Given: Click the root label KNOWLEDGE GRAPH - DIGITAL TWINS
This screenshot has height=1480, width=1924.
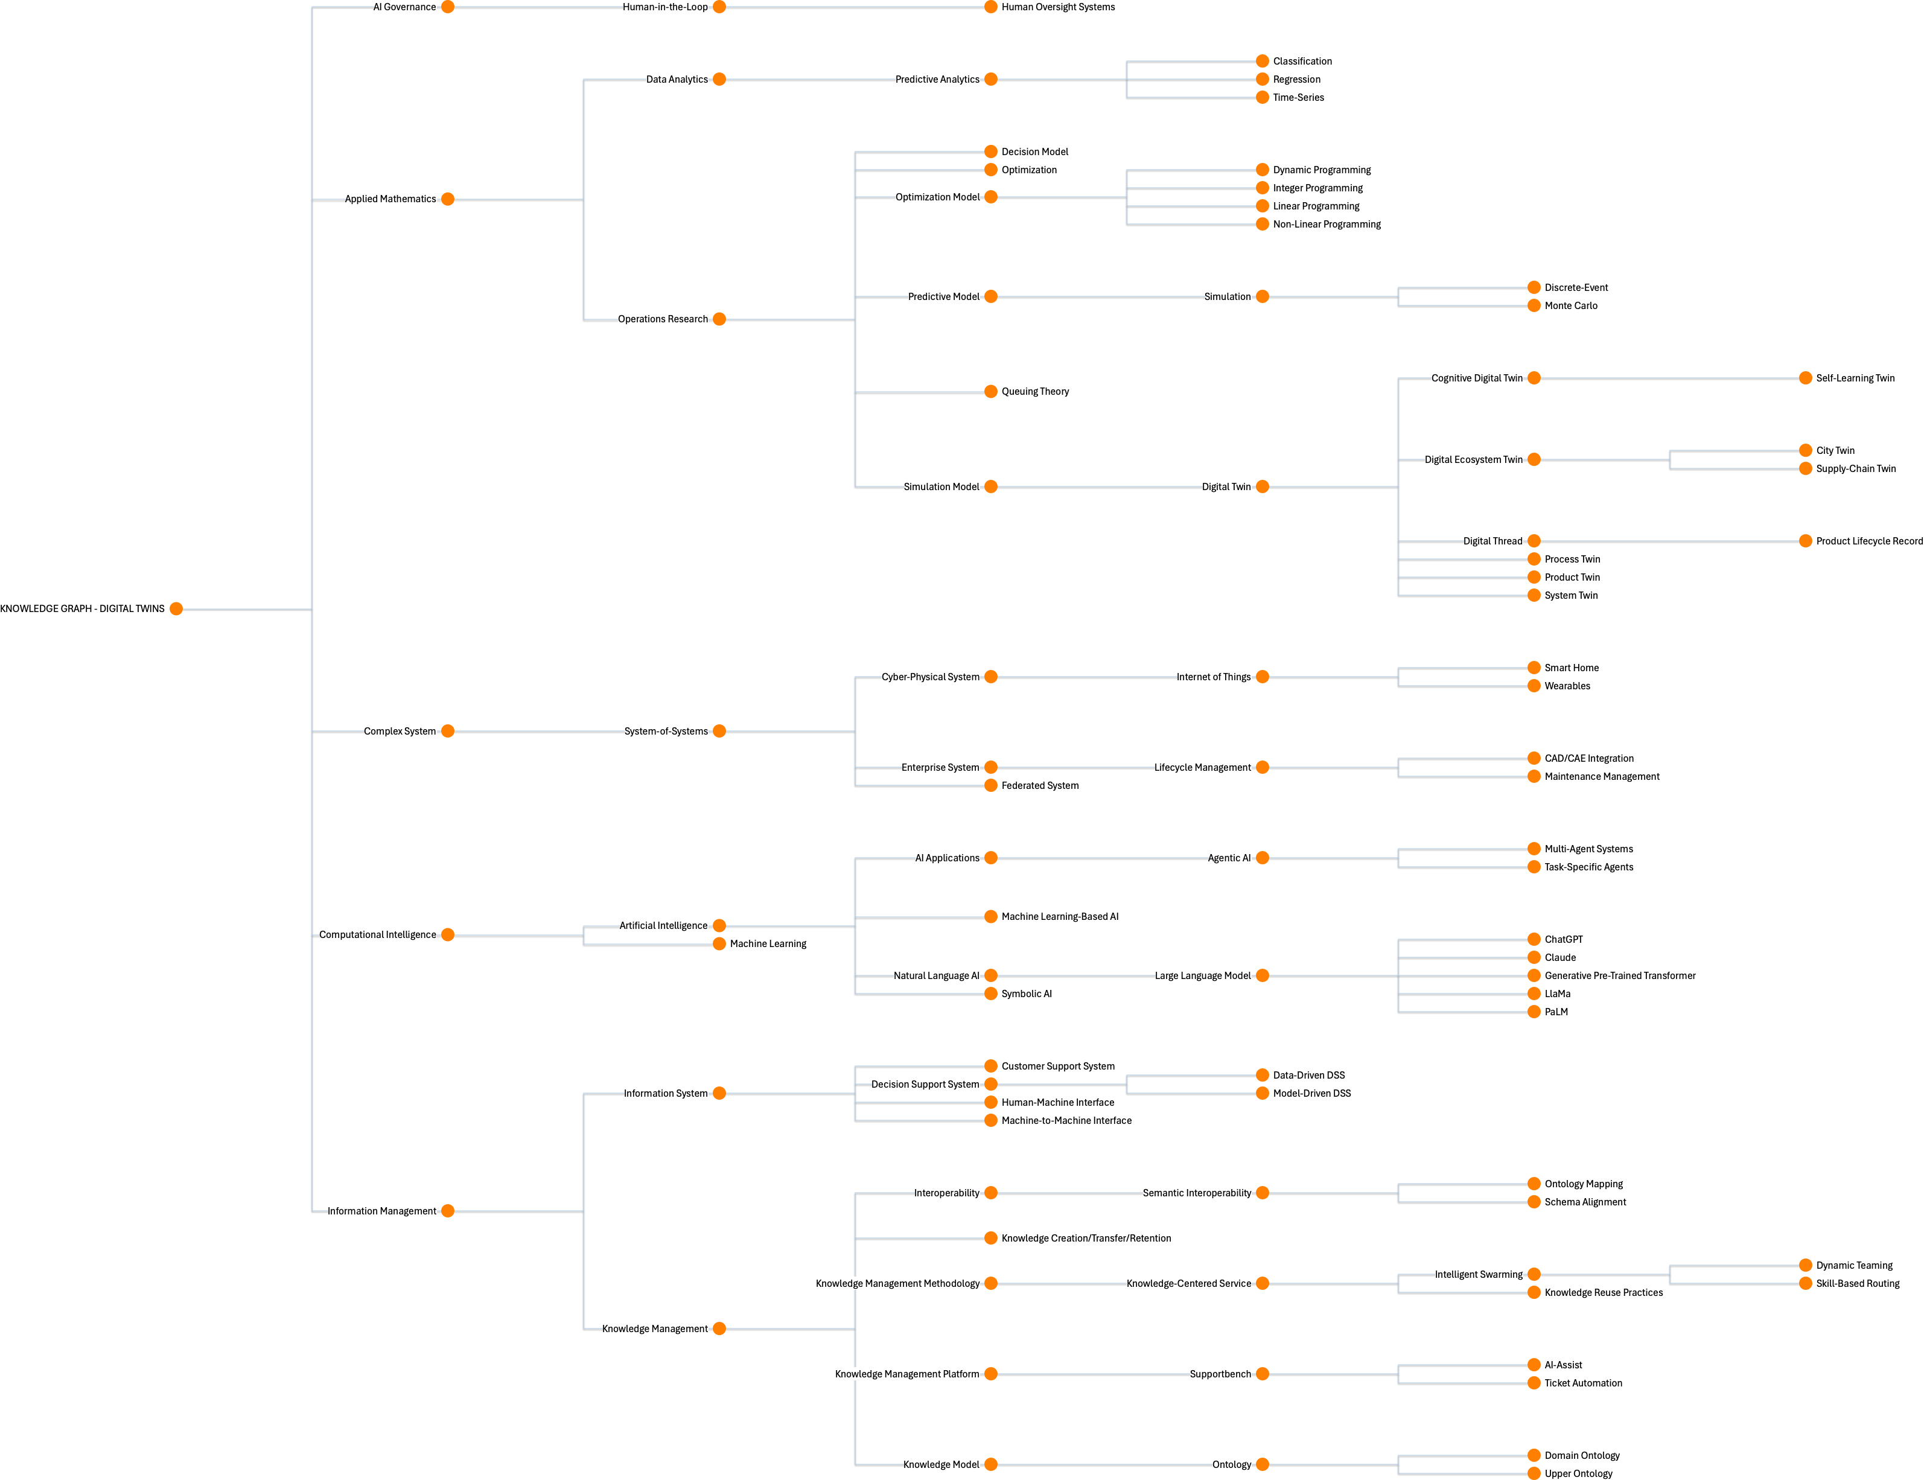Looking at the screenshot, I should (83, 609).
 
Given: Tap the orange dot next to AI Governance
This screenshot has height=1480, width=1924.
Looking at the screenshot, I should (448, 7).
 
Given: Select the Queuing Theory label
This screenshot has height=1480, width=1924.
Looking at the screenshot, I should (1035, 391).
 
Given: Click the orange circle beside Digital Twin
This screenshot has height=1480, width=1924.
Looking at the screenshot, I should (1263, 486).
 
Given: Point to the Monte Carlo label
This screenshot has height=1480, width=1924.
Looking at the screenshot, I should (1571, 305).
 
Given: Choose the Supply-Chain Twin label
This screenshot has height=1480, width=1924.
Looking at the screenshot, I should (1855, 468).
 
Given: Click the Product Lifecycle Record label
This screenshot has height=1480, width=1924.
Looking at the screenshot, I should (1868, 541).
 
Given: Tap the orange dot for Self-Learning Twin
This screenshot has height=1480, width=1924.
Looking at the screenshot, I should (1805, 378).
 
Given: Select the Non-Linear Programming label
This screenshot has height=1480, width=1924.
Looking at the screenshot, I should (1327, 224).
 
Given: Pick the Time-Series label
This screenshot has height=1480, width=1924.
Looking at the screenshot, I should (1299, 98).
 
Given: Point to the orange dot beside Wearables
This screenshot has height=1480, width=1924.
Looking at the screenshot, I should (1534, 686).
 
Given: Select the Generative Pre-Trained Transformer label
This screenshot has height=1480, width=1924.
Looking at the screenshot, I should (1619, 975).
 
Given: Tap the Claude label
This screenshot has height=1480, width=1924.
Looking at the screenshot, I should (1560, 958).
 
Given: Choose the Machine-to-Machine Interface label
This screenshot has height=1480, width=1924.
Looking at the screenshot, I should (1066, 1121).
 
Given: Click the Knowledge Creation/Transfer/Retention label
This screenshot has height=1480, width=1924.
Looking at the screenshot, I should (1086, 1238).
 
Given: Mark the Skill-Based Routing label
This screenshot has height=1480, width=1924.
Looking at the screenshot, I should (1857, 1284).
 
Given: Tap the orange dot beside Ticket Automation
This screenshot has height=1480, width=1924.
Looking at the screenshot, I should (1534, 1383).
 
